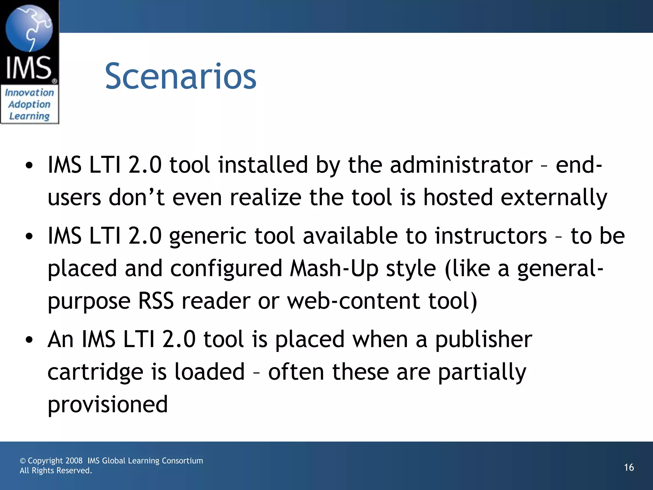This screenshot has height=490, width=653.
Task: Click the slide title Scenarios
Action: pyautogui.click(x=180, y=77)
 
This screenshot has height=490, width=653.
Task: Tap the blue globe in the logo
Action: pyautogui.click(x=29, y=28)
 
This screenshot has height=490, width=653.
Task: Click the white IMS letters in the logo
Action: pyautogui.click(x=29, y=68)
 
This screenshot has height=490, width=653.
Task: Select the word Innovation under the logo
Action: pyautogui.click(x=29, y=93)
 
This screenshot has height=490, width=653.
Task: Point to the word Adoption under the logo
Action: pyautogui.click(x=29, y=105)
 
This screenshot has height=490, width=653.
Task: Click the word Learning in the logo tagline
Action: pyautogui.click(x=29, y=116)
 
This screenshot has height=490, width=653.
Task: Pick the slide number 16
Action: pyautogui.click(x=629, y=467)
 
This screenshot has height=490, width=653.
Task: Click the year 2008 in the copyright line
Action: pyautogui.click(x=74, y=461)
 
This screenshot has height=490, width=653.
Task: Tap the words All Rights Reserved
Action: pyautogui.click(x=56, y=471)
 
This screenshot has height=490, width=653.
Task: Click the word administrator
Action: pyautogui.click(x=461, y=165)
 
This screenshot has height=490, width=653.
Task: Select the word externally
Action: pyautogui.click(x=554, y=197)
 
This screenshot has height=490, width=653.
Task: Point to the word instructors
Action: pyautogui.click(x=491, y=236)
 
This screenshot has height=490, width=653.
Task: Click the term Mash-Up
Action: pyautogui.click(x=334, y=269)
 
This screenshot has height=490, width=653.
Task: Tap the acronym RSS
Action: pyautogui.click(x=156, y=301)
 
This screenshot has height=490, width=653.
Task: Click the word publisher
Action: pyautogui.click(x=484, y=339)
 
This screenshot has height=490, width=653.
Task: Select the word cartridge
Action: pyautogui.click(x=95, y=372)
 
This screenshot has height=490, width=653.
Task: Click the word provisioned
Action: pyautogui.click(x=108, y=405)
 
